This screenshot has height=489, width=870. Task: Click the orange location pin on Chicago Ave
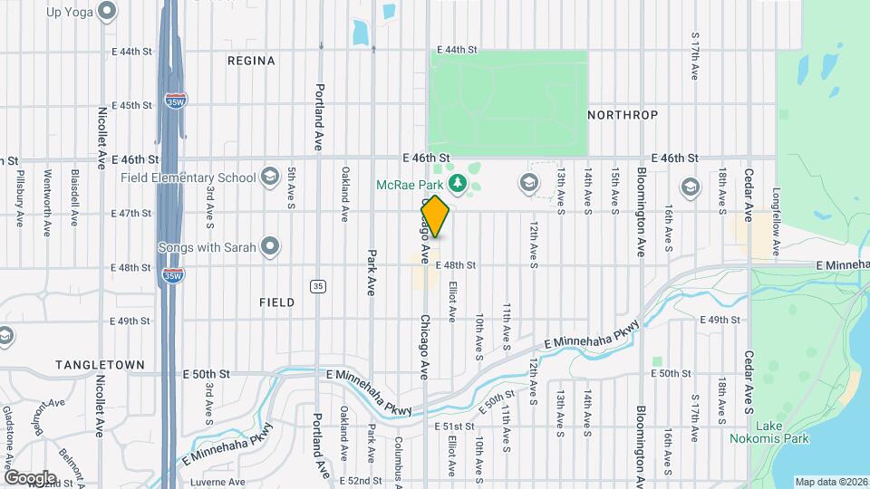435,216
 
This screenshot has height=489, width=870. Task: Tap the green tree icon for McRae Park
459,185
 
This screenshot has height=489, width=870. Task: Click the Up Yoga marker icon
108,12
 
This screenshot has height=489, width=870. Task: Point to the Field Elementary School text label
188,177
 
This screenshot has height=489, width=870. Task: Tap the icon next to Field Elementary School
269,176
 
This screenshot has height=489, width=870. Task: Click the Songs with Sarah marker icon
269,245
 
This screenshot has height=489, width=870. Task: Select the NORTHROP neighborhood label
623,115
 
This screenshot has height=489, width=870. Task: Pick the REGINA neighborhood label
251,61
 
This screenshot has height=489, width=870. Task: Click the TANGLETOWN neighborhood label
100,364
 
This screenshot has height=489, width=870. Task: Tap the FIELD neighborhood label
276,302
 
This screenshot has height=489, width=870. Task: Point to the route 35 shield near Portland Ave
316,286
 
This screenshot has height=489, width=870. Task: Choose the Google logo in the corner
30,478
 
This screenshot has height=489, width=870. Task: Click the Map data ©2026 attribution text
831,481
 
